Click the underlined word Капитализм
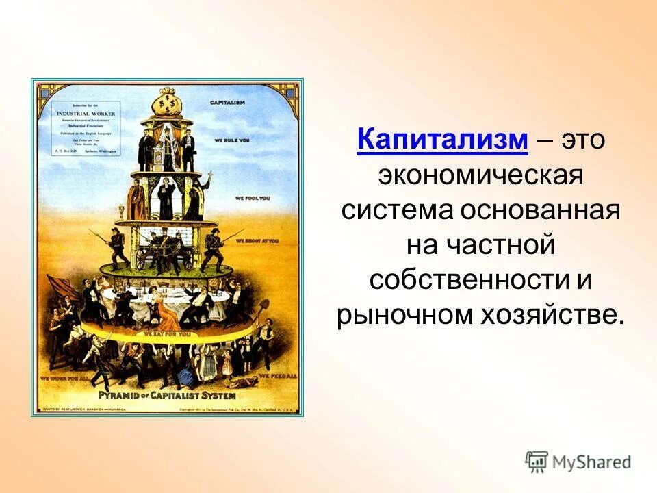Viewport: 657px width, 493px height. (x=442, y=140)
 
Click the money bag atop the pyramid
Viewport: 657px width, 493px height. (x=166, y=107)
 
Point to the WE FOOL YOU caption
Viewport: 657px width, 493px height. (x=253, y=198)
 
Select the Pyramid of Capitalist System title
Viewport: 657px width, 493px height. (x=167, y=396)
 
